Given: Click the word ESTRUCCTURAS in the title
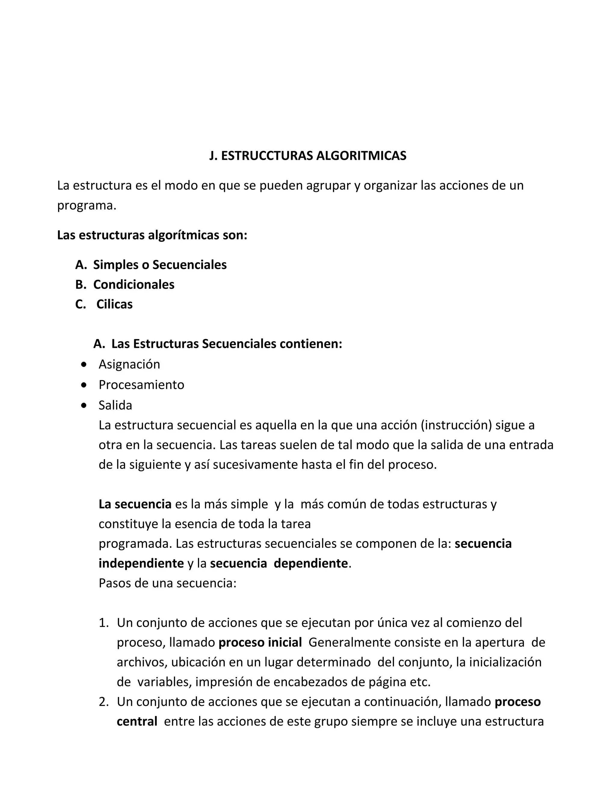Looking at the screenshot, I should [267, 156].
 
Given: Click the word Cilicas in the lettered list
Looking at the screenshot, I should [114, 304].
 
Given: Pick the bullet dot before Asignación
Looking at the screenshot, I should [84, 364].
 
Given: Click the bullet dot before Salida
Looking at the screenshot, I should [84, 405].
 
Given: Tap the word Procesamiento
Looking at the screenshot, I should [141, 384].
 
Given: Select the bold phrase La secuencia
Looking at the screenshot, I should [135, 504].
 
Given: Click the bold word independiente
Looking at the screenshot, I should [141, 563].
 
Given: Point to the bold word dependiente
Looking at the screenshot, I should [310, 563].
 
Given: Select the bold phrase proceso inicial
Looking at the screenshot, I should [260, 652].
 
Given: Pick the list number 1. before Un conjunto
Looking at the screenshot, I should [104, 632].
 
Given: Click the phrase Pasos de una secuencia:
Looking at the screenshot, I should [168, 583].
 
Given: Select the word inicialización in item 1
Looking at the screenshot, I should [505, 672].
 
